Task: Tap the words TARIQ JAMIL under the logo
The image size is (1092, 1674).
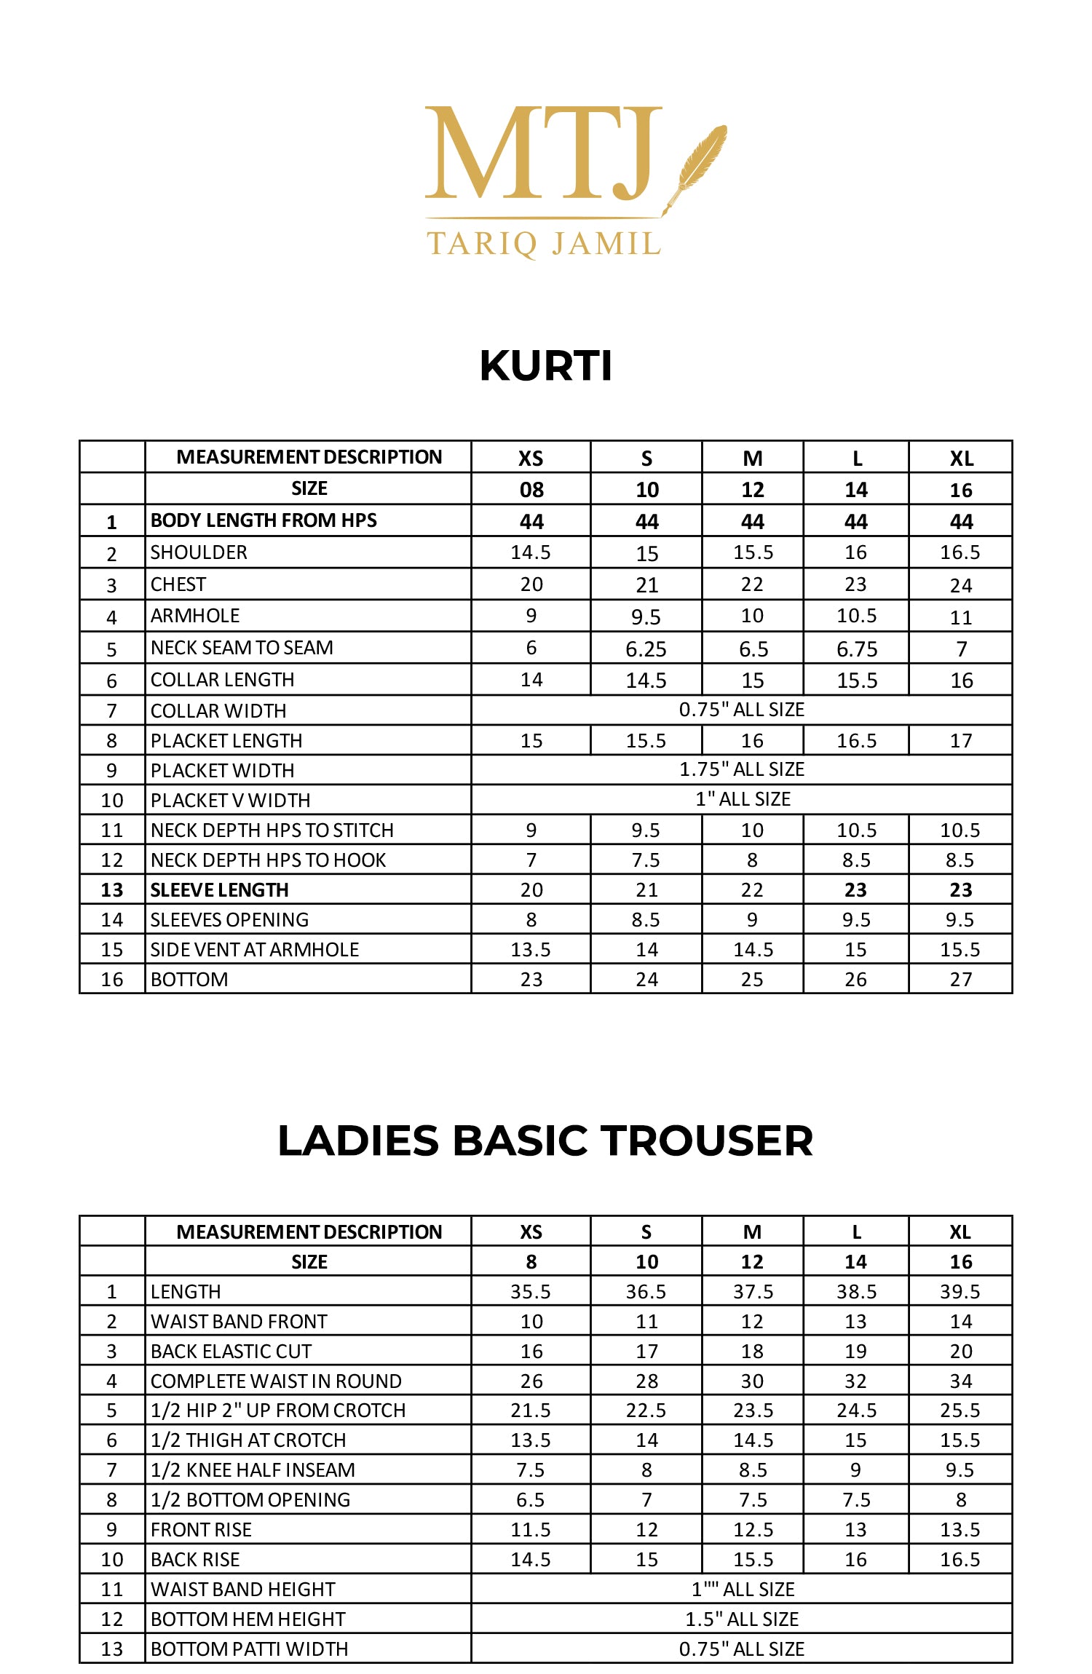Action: [544, 244]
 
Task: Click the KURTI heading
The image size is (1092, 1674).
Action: [546, 365]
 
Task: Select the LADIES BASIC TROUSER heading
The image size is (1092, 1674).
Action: [545, 1141]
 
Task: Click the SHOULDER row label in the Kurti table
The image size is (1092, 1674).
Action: [199, 552]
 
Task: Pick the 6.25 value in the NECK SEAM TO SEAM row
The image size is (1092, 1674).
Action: [646, 648]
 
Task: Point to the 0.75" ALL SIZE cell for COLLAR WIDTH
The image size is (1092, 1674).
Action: [741, 710]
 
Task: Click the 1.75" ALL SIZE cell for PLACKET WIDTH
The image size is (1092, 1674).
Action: [741, 769]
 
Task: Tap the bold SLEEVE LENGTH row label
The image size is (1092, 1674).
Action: [219, 889]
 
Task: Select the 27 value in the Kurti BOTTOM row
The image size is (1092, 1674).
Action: [960, 979]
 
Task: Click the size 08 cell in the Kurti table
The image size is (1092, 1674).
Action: [531, 490]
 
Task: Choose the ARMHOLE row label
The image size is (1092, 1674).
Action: [195, 616]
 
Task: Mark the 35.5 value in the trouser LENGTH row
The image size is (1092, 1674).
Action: [531, 1291]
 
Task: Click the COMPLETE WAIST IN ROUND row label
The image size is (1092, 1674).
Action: [276, 1381]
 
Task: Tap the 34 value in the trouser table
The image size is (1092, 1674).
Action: [960, 1381]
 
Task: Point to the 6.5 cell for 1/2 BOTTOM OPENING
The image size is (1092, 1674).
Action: [531, 1499]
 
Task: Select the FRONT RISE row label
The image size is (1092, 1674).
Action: [201, 1529]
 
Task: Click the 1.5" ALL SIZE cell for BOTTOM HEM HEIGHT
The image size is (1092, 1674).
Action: [741, 1619]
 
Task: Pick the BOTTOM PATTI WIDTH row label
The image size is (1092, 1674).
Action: [249, 1649]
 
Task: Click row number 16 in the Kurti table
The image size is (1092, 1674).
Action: [112, 979]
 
